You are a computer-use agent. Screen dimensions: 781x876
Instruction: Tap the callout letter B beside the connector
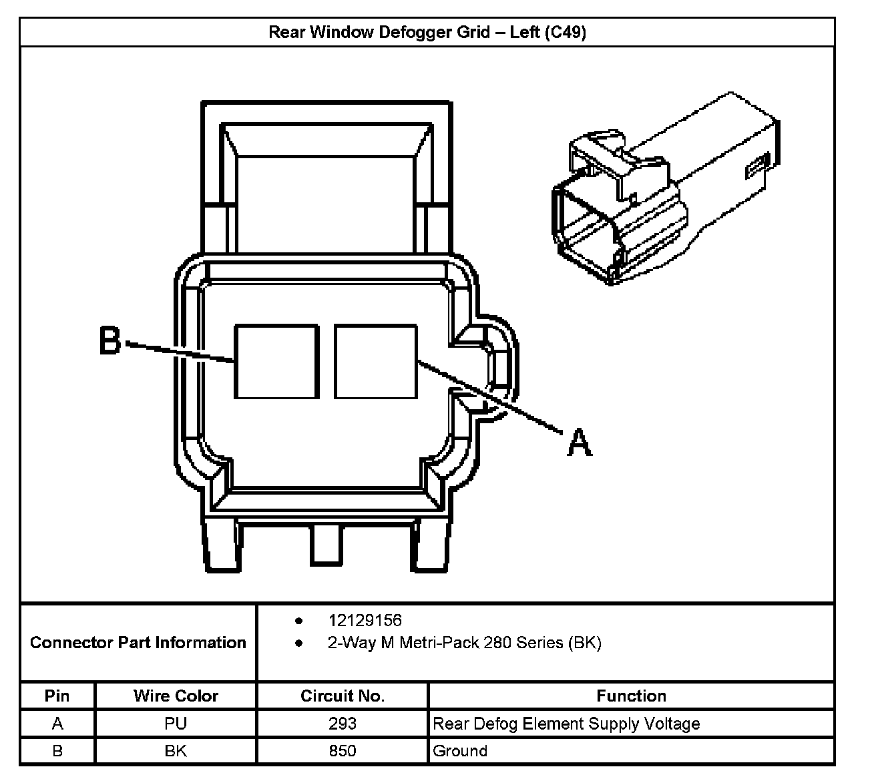tap(109, 340)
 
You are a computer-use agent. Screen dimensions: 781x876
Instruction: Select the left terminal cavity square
tap(276, 361)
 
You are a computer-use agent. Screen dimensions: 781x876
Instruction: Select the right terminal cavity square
tap(376, 361)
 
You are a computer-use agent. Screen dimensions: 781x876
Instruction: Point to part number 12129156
tap(365, 621)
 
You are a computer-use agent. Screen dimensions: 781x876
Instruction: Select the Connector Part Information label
tap(138, 643)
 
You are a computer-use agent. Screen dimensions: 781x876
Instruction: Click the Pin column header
tap(57, 696)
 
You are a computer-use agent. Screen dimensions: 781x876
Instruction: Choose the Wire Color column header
tap(176, 696)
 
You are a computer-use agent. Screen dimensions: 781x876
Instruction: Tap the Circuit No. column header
tap(343, 696)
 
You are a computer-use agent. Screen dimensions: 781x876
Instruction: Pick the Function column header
tap(631, 696)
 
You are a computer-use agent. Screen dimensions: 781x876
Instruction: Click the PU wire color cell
tap(176, 724)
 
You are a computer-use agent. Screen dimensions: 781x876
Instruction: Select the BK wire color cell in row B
tap(176, 751)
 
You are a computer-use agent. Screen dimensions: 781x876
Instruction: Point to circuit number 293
tap(343, 724)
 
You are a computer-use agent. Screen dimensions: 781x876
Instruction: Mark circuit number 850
tap(343, 751)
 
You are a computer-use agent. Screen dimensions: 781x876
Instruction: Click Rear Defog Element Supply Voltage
tap(566, 724)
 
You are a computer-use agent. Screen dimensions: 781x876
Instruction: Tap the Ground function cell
tap(460, 751)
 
